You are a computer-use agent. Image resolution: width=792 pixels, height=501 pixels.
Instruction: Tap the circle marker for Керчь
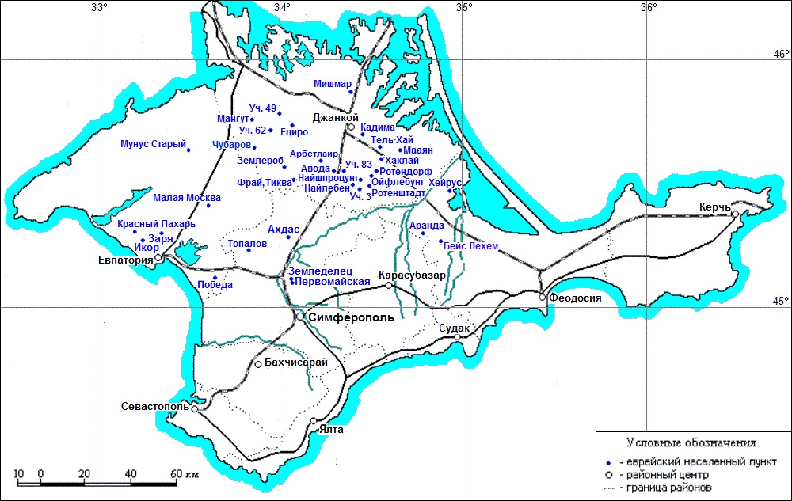click(736, 214)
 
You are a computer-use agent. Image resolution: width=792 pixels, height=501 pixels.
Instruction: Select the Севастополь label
click(155, 406)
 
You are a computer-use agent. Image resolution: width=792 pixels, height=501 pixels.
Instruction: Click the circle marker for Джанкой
click(351, 127)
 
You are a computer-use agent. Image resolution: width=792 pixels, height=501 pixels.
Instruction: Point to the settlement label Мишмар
click(333, 83)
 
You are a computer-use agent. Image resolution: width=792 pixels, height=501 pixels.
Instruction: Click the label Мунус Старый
click(153, 145)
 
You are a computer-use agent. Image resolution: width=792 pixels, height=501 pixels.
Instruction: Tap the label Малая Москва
click(181, 198)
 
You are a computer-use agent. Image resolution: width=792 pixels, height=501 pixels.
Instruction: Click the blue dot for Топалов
click(249, 250)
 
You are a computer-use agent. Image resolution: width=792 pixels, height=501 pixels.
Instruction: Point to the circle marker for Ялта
click(314, 421)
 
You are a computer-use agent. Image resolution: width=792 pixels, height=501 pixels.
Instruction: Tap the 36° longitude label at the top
click(649, 8)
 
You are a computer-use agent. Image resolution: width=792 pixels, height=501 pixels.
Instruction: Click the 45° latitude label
click(782, 301)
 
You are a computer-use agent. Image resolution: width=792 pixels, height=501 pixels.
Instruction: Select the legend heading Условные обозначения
click(690, 442)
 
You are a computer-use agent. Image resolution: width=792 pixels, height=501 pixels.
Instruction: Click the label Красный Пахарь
click(156, 224)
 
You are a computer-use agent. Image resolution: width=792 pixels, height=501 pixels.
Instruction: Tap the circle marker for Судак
click(457, 337)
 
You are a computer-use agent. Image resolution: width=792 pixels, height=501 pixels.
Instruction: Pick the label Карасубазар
click(413, 275)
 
